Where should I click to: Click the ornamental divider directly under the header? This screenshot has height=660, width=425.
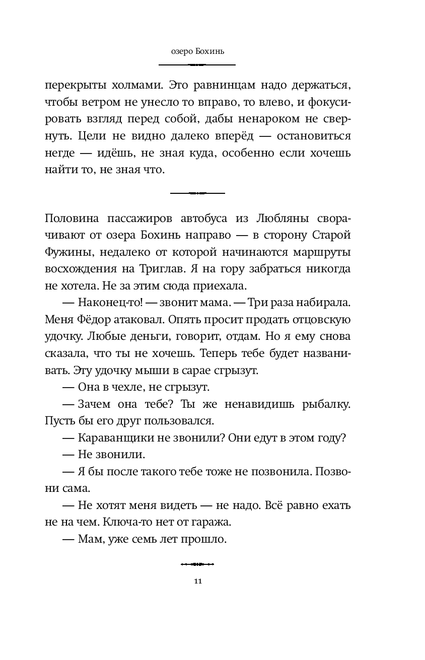pyautogui.click(x=197, y=64)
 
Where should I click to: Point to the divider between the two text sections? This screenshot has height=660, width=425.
pyautogui.click(x=197, y=192)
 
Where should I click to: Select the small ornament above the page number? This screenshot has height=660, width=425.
pyautogui.click(x=197, y=564)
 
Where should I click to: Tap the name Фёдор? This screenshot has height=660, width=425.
pyautogui.click(x=87, y=319)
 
